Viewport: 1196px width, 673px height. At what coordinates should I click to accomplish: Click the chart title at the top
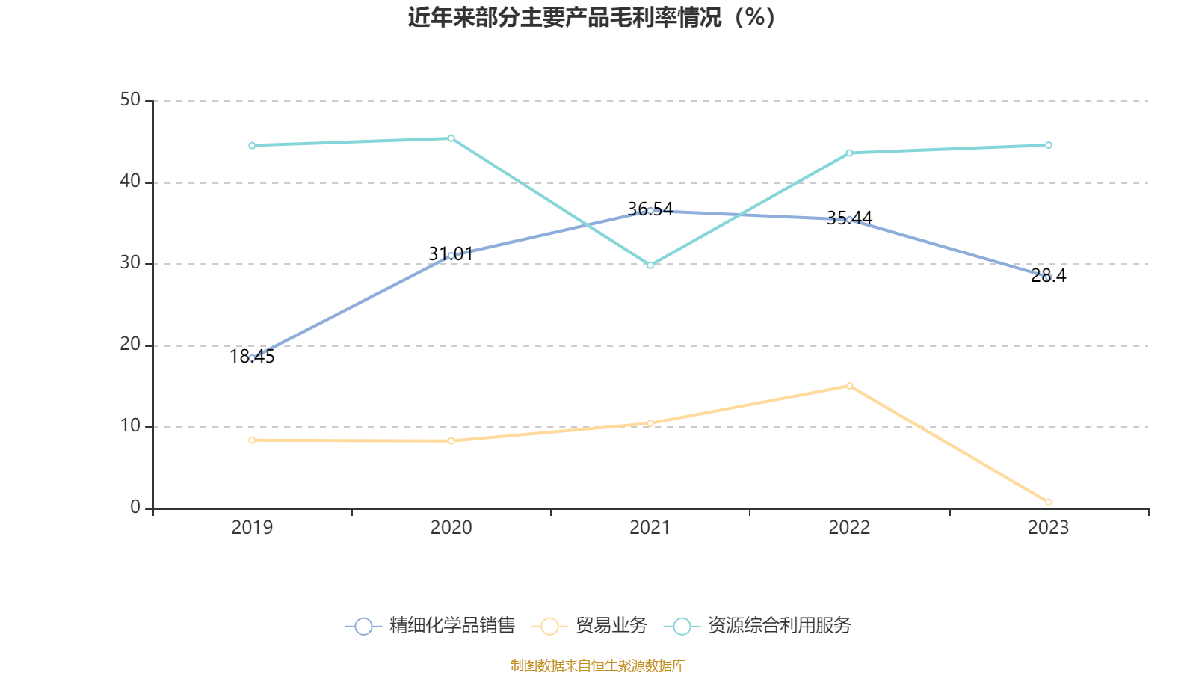click(x=592, y=18)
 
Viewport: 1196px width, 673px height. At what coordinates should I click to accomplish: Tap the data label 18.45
click(x=252, y=357)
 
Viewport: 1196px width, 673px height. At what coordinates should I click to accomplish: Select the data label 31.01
click(x=451, y=254)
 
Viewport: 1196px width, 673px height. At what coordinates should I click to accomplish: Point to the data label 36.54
click(x=650, y=209)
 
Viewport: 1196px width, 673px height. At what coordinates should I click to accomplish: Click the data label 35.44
click(x=849, y=218)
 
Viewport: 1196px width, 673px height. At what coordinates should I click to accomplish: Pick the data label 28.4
click(x=1048, y=276)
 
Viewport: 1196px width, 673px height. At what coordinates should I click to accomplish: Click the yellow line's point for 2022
click(x=849, y=386)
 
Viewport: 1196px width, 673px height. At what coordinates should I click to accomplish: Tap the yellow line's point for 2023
click(x=1048, y=502)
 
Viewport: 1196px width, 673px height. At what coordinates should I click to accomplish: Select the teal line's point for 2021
click(x=650, y=265)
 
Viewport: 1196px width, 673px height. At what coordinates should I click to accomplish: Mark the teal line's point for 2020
click(x=451, y=138)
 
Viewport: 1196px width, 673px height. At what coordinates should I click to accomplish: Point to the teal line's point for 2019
click(x=252, y=145)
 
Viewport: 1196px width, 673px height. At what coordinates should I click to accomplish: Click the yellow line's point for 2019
click(x=252, y=440)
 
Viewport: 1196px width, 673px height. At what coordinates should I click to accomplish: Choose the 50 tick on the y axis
click(x=130, y=100)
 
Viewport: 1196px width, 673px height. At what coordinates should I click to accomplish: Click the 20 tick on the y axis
click(x=130, y=345)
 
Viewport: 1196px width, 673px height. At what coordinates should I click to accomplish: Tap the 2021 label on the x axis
click(x=650, y=528)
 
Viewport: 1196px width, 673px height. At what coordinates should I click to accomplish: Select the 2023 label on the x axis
click(x=1048, y=528)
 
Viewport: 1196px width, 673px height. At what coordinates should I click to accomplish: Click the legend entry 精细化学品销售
click(x=431, y=626)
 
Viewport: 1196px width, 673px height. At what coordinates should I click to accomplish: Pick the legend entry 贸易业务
click(x=590, y=626)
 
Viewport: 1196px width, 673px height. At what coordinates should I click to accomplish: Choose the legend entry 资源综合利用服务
click(x=758, y=626)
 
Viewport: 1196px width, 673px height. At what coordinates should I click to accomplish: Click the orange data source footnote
click(x=597, y=665)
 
